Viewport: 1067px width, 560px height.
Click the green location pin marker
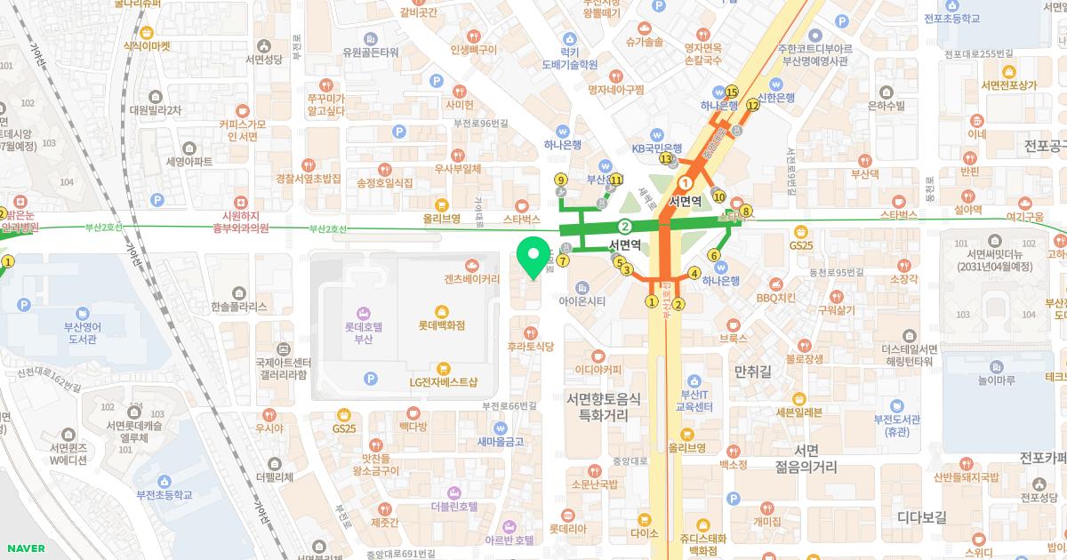tap(533, 259)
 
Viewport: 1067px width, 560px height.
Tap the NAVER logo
tap(24, 548)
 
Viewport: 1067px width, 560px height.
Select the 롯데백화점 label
tap(442, 325)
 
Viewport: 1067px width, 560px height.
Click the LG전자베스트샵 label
tap(443, 382)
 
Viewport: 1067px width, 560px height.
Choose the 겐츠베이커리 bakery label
tap(472, 278)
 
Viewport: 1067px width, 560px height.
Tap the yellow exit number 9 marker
tap(560, 180)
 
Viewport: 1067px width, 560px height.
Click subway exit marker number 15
tap(732, 92)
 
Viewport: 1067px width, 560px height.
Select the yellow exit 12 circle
tap(752, 105)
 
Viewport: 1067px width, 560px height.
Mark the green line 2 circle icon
tap(625, 226)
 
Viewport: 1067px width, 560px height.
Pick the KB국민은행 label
tap(656, 148)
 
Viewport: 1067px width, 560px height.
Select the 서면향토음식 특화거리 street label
tap(604, 407)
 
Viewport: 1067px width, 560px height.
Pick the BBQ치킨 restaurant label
tap(775, 298)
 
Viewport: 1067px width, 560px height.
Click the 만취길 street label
tap(750, 368)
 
